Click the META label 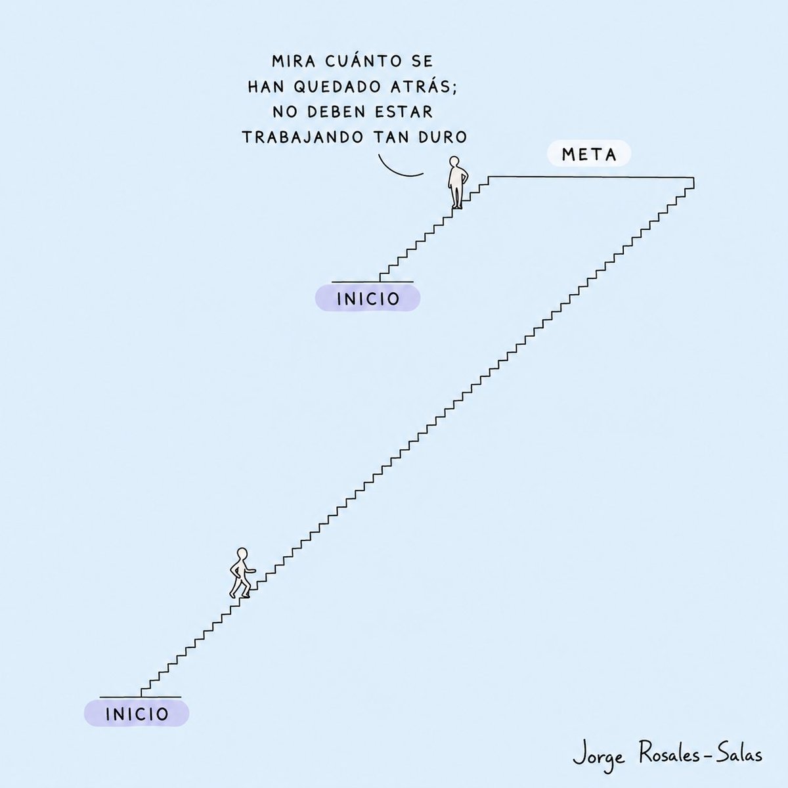pos(589,154)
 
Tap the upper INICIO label pos(368,299)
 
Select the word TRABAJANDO pos(303,137)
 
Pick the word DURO pos(443,137)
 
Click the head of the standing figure pos(454,161)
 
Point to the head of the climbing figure pos(242,553)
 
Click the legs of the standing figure pos(456,196)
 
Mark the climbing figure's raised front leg pos(246,589)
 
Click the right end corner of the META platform pos(693,177)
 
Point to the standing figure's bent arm pos(464,176)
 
